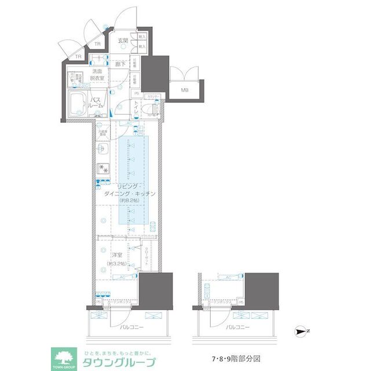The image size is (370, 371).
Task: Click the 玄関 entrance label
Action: (123, 41)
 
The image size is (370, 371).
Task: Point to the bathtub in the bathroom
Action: (76, 104)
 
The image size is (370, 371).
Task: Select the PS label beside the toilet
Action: (137, 94)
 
